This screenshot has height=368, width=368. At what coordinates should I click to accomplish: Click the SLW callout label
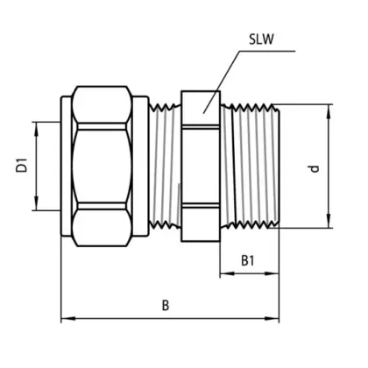click(x=261, y=39)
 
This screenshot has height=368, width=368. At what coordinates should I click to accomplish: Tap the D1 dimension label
click(x=22, y=166)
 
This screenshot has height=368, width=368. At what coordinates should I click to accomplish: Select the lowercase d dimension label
click(x=315, y=168)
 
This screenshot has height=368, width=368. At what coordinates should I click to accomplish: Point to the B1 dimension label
click(x=248, y=260)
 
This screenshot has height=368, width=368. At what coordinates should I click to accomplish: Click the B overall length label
click(x=166, y=306)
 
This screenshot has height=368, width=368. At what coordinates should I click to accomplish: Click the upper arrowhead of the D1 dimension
click(x=36, y=129)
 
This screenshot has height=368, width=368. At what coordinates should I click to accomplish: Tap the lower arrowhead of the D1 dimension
click(x=36, y=203)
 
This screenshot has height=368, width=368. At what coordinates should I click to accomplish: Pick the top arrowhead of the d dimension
click(x=329, y=111)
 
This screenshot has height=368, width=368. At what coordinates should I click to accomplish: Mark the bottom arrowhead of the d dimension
click(x=329, y=221)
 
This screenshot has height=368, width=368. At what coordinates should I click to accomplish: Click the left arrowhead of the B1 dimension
click(x=227, y=273)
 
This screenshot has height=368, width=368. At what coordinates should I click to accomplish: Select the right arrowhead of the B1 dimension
click(x=272, y=273)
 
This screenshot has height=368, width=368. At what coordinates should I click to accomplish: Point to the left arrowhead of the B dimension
click(x=68, y=318)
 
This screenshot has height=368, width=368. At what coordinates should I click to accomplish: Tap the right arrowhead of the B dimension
click(x=272, y=318)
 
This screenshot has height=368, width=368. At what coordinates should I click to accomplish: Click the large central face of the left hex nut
click(x=102, y=166)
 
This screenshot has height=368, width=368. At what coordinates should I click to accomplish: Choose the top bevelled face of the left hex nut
click(x=102, y=104)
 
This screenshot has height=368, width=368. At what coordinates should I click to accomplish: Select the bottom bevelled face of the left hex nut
click(x=102, y=228)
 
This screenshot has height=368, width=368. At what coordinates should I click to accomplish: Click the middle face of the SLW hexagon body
click(x=201, y=166)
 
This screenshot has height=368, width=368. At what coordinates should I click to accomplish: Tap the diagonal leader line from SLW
click(x=222, y=82)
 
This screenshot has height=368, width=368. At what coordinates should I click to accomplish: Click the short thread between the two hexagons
click(x=165, y=166)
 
